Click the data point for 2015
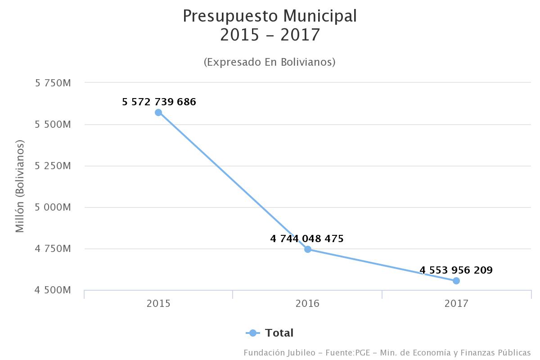158,112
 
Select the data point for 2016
308,249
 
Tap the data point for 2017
456,281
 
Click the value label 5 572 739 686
159,102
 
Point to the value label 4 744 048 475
307,239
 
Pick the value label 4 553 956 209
456,270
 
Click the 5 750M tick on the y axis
53,83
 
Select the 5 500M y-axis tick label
53,125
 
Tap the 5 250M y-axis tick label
53,166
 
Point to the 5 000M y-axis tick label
53,207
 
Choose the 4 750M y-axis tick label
53,249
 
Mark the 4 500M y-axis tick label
53,290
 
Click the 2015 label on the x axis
158,304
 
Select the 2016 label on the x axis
307,304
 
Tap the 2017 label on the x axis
456,304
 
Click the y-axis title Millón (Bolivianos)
20,186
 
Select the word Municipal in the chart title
320,16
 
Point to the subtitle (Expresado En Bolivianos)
270,62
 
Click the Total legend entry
279,333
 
